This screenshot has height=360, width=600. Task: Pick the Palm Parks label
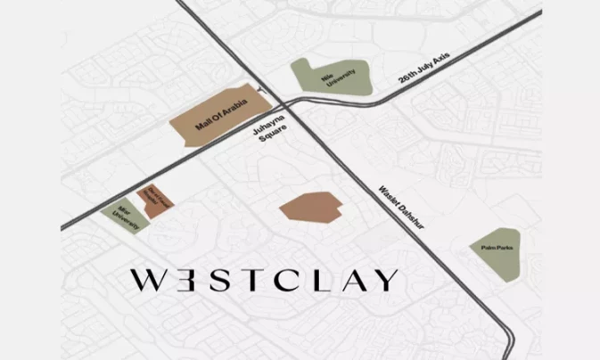(x=494, y=252)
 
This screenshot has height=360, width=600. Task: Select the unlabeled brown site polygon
(x=309, y=205)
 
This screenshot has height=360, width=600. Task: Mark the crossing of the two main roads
(x=298, y=102)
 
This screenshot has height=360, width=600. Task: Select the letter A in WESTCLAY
(x=350, y=280)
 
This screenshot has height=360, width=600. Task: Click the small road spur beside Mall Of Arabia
(x=260, y=88)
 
